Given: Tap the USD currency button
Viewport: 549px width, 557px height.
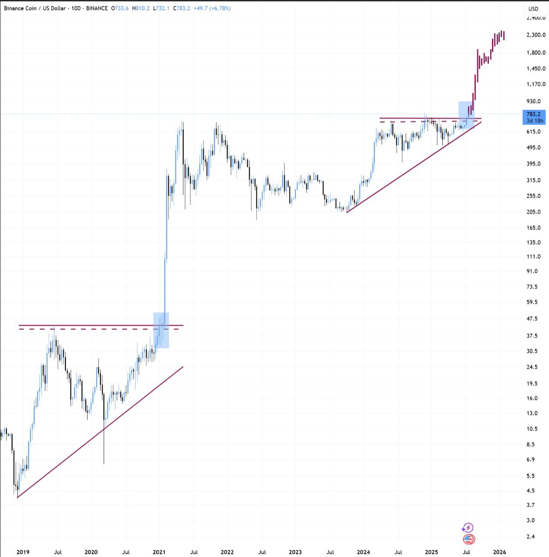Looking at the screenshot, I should [533, 9].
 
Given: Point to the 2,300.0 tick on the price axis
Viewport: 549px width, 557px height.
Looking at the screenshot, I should [536, 35].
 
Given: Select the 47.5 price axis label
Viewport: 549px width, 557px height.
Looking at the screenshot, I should [532, 319].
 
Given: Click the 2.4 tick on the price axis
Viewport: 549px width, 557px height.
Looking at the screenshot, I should [531, 537].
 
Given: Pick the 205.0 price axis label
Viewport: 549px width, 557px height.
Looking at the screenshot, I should [534, 212].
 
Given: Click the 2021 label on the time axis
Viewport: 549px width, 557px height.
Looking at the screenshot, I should [159, 552].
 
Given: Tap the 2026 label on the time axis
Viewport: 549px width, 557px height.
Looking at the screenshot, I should [499, 552].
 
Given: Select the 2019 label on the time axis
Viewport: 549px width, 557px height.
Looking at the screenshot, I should [23, 552].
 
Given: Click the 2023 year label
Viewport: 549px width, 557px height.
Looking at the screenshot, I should [295, 552].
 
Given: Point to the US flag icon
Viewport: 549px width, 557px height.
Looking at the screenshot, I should [468, 539].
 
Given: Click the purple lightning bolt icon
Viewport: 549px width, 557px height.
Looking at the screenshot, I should [468, 528].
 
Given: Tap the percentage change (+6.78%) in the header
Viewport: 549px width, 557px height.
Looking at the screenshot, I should [220, 8].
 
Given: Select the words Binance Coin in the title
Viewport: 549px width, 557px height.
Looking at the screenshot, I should [20, 8].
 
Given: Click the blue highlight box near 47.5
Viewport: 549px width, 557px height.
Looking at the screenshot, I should [161, 330].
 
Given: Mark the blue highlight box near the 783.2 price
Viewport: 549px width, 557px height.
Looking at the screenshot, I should [466, 115].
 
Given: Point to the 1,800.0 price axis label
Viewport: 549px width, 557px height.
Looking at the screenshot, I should [536, 53].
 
